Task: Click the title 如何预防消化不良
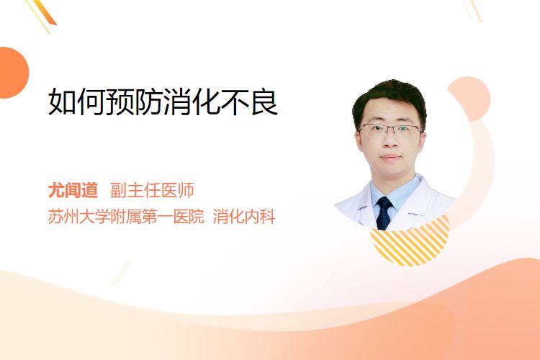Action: coord(163,102)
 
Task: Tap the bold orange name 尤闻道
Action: coord(73,190)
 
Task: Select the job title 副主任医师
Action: coord(152,190)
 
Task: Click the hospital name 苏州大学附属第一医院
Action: coord(126,217)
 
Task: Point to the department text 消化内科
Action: coord(244,217)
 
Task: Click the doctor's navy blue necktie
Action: coord(384,213)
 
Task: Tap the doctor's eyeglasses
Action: coord(390,130)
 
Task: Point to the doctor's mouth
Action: coord(390,158)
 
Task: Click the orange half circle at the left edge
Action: coord(13,73)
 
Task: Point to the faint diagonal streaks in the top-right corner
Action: coord(472,9)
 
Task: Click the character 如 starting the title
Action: coord(62,102)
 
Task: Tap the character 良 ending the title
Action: coord(264,102)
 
